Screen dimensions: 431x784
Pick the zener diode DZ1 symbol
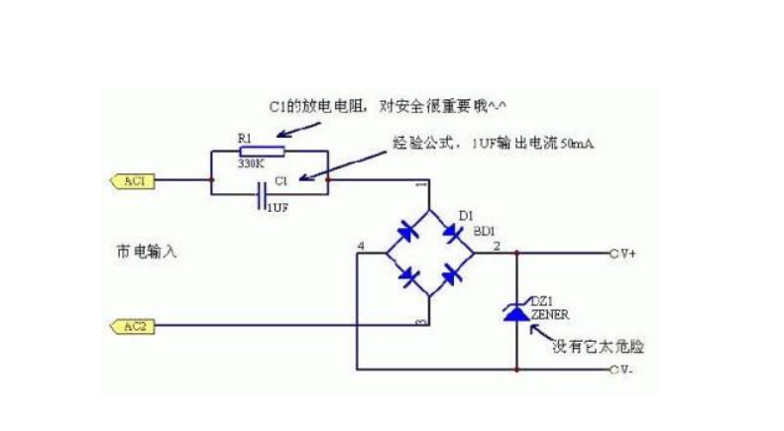tap(516, 312)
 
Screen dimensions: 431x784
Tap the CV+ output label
tap(623, 253)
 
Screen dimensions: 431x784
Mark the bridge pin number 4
tap(361, 245)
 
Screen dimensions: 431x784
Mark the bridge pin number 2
tap(496, 244)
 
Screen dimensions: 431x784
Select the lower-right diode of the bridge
tap(454, 275)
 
